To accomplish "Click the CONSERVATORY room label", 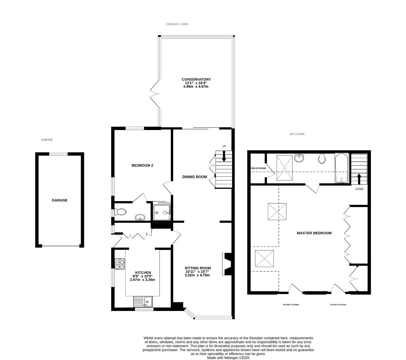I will (196, 79).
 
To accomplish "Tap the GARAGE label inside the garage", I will (60, 200).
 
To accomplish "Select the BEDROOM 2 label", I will (142, 165).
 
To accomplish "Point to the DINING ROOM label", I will (195, 177).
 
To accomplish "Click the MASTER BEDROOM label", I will (314, 233).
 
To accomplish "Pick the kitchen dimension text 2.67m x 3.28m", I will (143, 280).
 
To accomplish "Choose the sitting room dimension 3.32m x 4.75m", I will (198, 275).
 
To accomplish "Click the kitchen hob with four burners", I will (120, 264).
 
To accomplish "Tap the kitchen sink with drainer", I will (143, 302).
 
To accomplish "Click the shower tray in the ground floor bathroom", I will (162, 212).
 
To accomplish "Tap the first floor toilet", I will (322, 159).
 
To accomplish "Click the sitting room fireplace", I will (227, 264).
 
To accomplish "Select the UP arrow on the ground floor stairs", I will (224, 156).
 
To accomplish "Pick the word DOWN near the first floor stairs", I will (359, 189).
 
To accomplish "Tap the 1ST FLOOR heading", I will (297, 134).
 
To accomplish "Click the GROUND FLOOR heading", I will (177, 24).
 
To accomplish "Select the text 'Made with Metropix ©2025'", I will (228, 358).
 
